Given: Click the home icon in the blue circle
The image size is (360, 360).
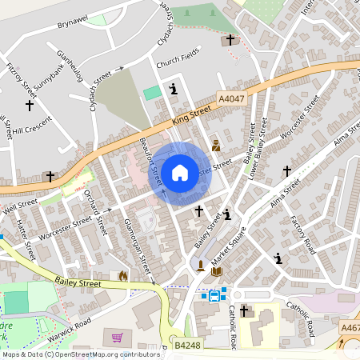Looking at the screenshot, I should click(x=179, y=172).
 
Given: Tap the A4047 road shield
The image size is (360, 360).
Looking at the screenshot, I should click(x=230, y=98).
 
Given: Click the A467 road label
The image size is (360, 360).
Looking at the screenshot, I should click(x=350, y=326).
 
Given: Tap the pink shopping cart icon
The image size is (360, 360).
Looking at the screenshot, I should click(x=119, y=338).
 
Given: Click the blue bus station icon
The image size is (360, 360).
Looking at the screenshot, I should click(x=214, y=294).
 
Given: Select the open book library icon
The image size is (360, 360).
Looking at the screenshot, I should click(x=216, y=272).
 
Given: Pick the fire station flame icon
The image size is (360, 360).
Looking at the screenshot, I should click(x=122, y=275).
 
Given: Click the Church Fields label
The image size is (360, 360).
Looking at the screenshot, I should click(x=178, y=59).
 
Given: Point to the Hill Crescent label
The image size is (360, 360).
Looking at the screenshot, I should click(x=31, y=126).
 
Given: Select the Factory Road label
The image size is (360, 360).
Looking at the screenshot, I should click(x=303, y=234).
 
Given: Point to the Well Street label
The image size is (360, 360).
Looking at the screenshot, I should click(x=20, y=208).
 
